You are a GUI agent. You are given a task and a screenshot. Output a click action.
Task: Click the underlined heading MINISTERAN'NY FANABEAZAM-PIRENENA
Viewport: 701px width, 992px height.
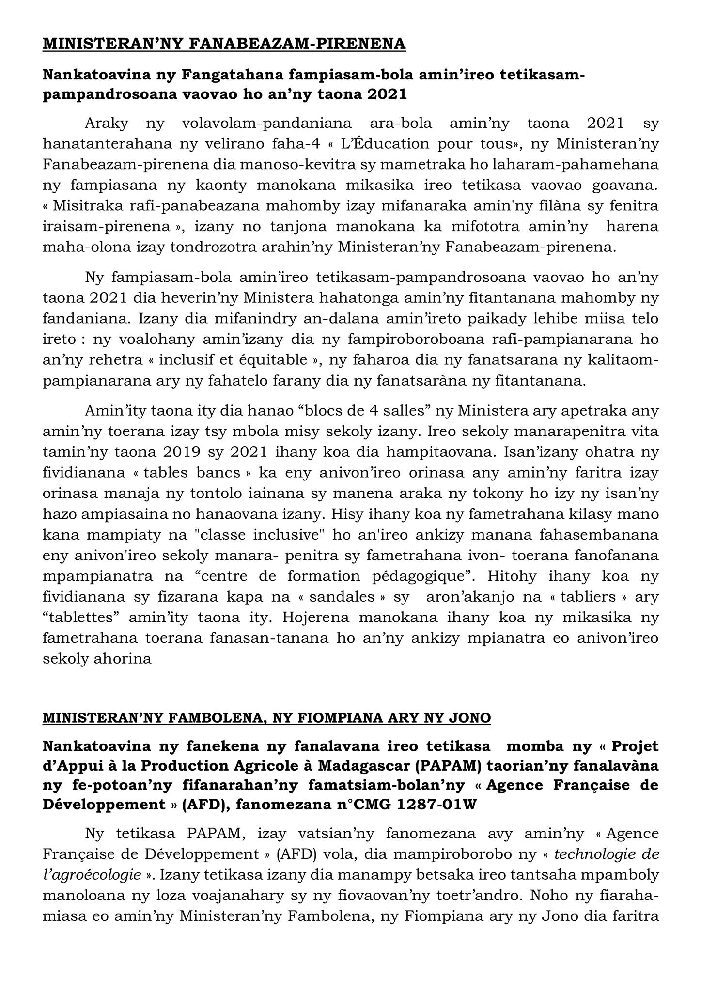(224, 44)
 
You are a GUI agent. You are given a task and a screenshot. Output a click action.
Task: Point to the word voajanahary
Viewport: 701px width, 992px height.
(267, 896)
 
